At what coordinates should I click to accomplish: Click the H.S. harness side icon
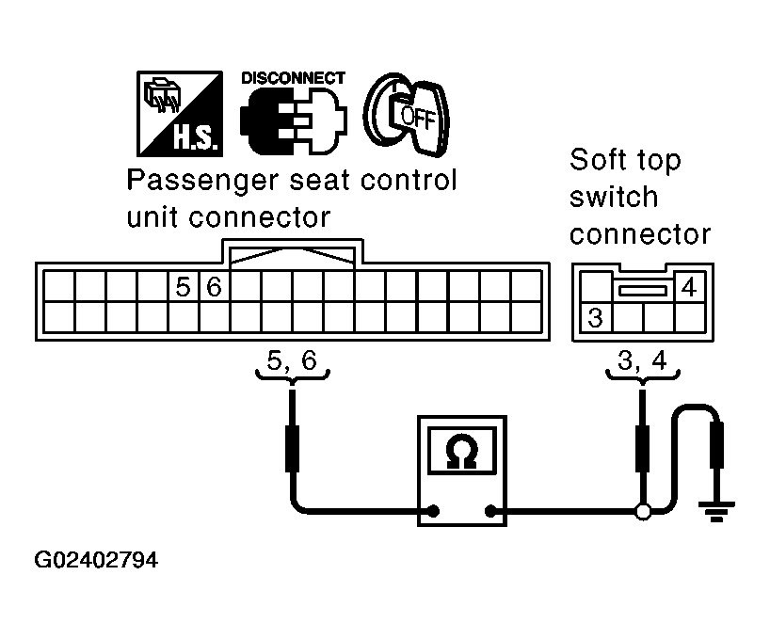tap(180, 114)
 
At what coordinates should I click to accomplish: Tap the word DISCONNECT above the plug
tap(293, 78)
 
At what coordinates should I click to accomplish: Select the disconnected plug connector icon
tap(294, 121)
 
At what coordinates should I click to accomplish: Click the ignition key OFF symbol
tap(407, 115)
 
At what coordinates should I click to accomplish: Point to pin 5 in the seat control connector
tap(184, 287)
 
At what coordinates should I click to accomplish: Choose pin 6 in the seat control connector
tap(214, 287)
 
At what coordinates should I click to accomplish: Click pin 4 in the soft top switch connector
tap(689, 287)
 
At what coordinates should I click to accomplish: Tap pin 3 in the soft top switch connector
tap(595, 317)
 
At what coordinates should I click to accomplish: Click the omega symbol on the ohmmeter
tap(462, 451)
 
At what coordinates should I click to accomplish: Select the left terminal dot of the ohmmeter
tap(434, 511)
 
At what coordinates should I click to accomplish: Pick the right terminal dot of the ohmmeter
tap(490, 511)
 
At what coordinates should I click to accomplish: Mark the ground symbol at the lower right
tap(717, 511)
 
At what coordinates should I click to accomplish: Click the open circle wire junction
tap(643, 511)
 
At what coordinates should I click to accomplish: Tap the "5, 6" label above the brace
tap(292, 360)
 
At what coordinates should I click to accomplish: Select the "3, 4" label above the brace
tap(642, 360)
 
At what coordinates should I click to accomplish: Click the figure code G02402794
tap(96, 560)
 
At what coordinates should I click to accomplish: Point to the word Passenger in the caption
tap(202, 181)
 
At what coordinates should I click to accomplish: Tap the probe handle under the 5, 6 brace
tap(293, 449)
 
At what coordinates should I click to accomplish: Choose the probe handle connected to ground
tap(717, 445)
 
